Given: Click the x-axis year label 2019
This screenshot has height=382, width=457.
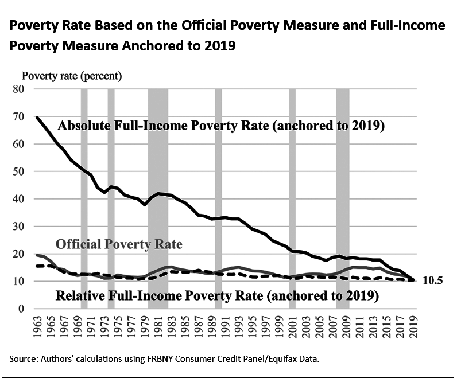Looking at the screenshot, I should [x=413, y=328].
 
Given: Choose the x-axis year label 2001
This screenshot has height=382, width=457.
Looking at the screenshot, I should [x=293, y=328].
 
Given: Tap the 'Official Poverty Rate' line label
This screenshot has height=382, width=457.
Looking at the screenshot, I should [x=118, y=244].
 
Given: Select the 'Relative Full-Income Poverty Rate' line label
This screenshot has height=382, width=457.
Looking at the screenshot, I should [x=217, y=297].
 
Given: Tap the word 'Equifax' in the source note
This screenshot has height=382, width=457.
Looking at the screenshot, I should [x=275, y=359].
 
